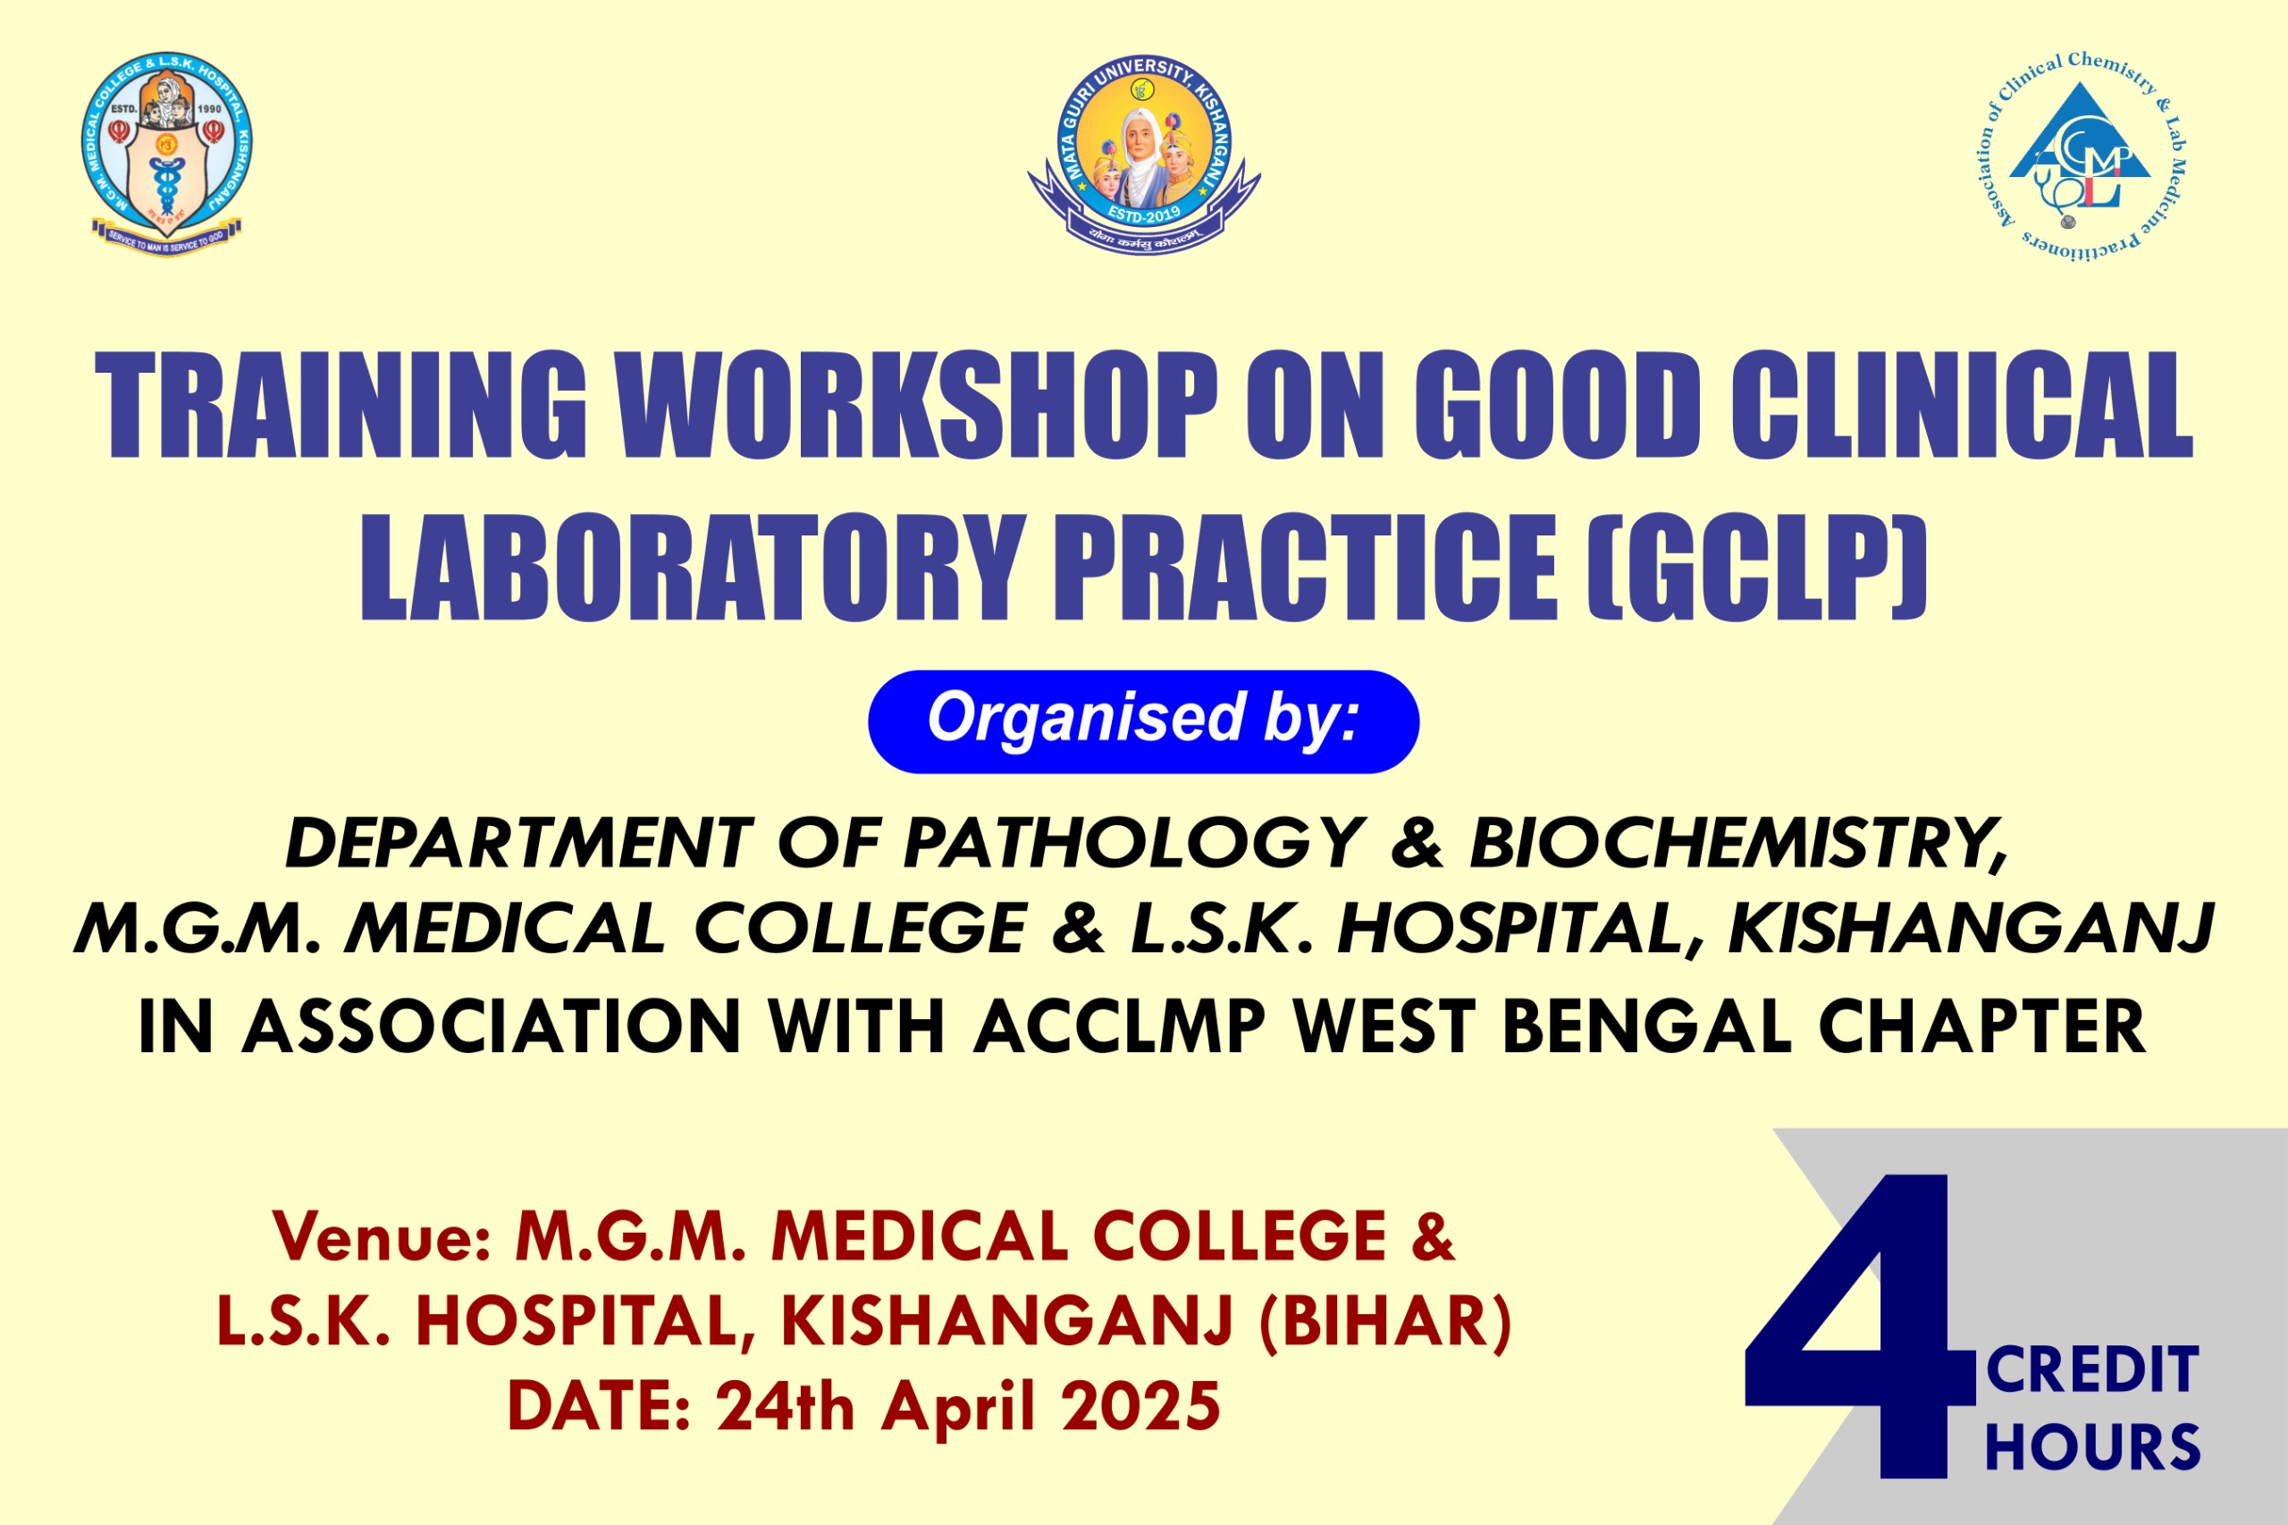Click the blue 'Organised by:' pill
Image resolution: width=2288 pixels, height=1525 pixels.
click(1143, 721)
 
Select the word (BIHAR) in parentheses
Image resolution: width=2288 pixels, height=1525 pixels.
click(1384, 1322)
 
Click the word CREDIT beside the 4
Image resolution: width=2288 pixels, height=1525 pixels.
click(2092, 1370)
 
